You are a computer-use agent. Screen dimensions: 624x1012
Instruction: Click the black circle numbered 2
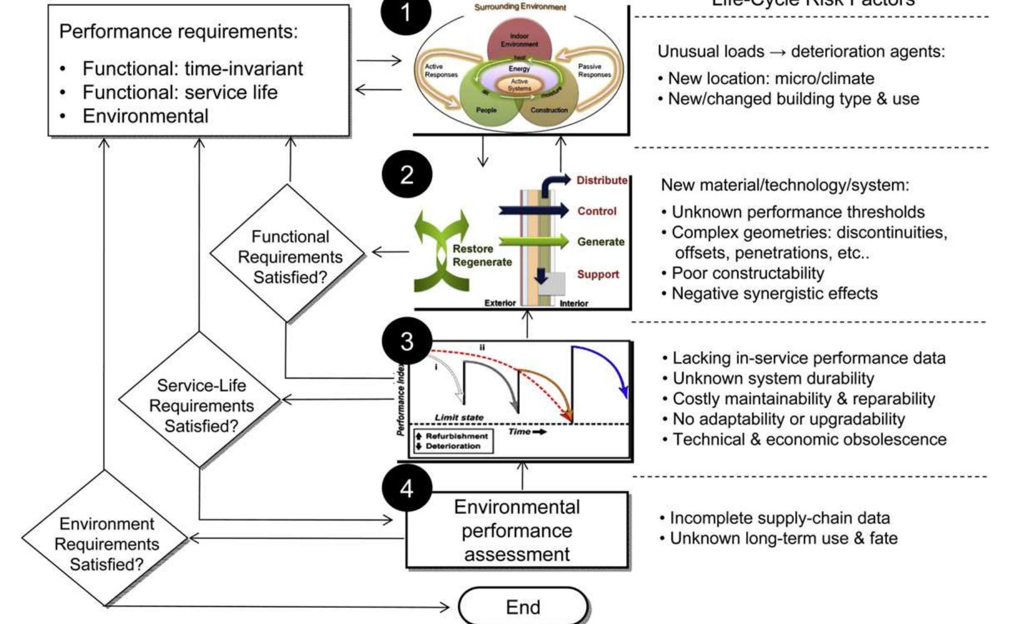407,175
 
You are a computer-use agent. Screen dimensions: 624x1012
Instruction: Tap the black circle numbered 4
407,489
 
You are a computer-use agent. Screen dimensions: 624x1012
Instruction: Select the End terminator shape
523,607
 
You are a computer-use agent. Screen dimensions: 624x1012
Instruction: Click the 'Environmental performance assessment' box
517,530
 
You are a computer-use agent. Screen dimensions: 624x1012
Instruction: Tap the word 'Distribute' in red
601,180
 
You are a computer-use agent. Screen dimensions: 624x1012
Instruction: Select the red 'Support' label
598,274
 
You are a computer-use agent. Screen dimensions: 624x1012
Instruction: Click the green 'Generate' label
600,242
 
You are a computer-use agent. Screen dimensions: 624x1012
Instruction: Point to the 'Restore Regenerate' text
482,256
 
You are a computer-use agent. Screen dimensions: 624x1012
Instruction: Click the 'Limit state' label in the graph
458,417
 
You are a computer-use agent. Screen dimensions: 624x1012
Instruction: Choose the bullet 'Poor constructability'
747,273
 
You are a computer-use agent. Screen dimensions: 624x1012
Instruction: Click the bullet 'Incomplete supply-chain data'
780,518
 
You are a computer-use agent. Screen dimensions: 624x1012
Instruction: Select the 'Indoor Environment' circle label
519,40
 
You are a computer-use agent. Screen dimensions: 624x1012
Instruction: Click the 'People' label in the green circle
486,110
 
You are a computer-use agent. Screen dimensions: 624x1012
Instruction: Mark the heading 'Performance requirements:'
178,32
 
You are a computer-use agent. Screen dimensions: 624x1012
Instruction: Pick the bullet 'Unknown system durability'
773,378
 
